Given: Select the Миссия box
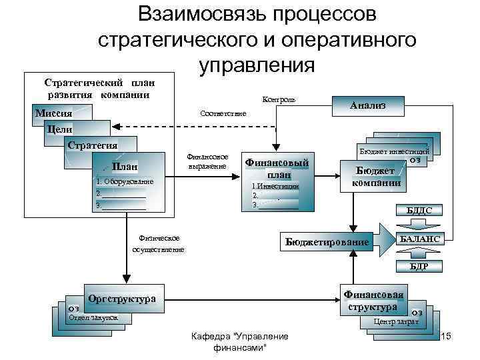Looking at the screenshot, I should point(53,113).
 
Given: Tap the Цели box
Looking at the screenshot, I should point(59,129).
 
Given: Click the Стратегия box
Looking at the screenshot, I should point(93,145).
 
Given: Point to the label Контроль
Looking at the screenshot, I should point(279,99).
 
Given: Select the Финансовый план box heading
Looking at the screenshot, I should point(277,168).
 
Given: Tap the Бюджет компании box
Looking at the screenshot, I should point(377,177).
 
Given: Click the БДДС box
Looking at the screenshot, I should point(419,211).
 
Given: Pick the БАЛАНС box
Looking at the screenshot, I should point(419,239).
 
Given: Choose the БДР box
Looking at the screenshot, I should point(419,266).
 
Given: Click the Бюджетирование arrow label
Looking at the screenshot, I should point(327,241).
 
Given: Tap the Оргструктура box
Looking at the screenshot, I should point(121,299).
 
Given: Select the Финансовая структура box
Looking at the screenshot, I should point(373,301).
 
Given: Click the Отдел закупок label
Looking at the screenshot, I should point(93,318).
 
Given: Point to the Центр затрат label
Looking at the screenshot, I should point(396,321).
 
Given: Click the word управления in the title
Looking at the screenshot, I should point(257,65).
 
